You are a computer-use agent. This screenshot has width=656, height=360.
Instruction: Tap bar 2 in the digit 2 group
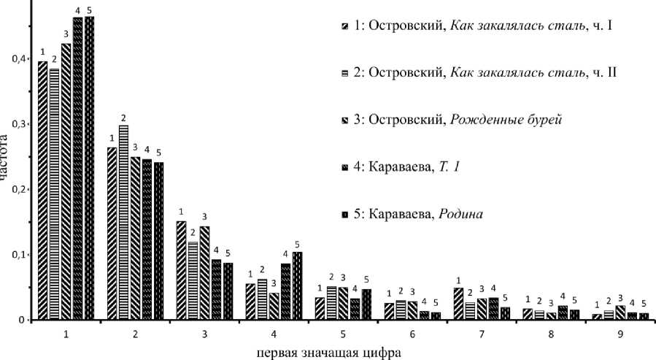click(123, 223)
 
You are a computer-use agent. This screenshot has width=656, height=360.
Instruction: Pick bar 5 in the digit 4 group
click(296, 286)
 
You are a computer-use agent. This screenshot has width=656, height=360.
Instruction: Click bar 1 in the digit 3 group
click(181, 270)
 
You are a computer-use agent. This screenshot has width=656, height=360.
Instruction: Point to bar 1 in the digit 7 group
click(458, 304)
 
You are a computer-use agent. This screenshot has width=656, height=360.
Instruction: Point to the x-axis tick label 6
click(412, 334)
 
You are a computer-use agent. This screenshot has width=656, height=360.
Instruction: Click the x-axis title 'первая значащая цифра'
click(328, 351)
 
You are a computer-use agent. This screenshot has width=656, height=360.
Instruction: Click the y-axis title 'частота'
click(6, 157)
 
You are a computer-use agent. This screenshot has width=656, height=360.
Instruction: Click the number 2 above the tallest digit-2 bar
click(123, 118)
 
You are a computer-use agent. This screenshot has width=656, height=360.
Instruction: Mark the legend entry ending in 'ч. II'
click(482, 74)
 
